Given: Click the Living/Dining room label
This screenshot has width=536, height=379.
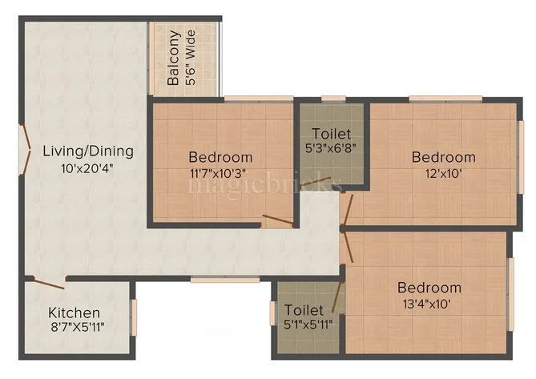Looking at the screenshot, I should [x=88, y=151].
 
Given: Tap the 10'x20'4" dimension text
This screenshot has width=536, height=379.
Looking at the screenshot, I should [x=88, y=169].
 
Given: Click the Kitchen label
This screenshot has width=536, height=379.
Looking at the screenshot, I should [x=75, y=312].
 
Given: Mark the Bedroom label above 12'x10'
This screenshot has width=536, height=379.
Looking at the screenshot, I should [x=443, y=157].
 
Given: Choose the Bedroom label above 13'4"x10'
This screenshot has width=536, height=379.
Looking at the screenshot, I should [x=429, y=288].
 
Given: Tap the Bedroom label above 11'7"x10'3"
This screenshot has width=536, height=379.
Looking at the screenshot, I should [x=220, y=157].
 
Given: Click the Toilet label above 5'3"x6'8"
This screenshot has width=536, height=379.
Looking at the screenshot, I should [x=332, y=133].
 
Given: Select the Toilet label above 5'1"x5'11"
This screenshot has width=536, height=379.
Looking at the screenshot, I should [x=304, y=309].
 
